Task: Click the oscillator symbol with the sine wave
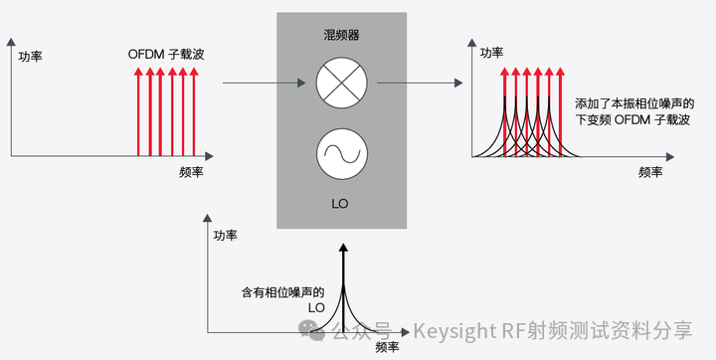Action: pyautogui.click(x=341, y=154)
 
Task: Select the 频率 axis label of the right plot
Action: pyautogui.click(x=651, y=171)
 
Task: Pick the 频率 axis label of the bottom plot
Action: pyautogui.click(x=388, y=348)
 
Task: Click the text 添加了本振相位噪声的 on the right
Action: pyautogui.click(x=633, y=103)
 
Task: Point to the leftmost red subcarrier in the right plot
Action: pyautogui.click(x=504, y=109)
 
